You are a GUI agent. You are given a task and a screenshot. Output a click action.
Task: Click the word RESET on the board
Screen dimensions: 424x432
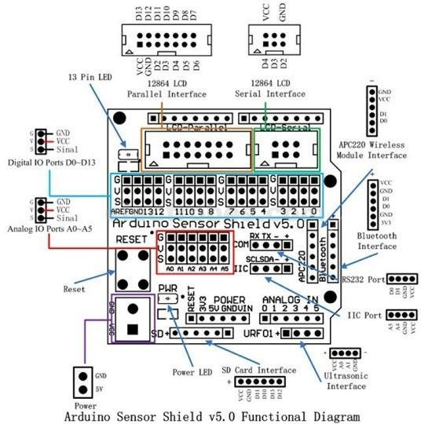coord(131,238)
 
